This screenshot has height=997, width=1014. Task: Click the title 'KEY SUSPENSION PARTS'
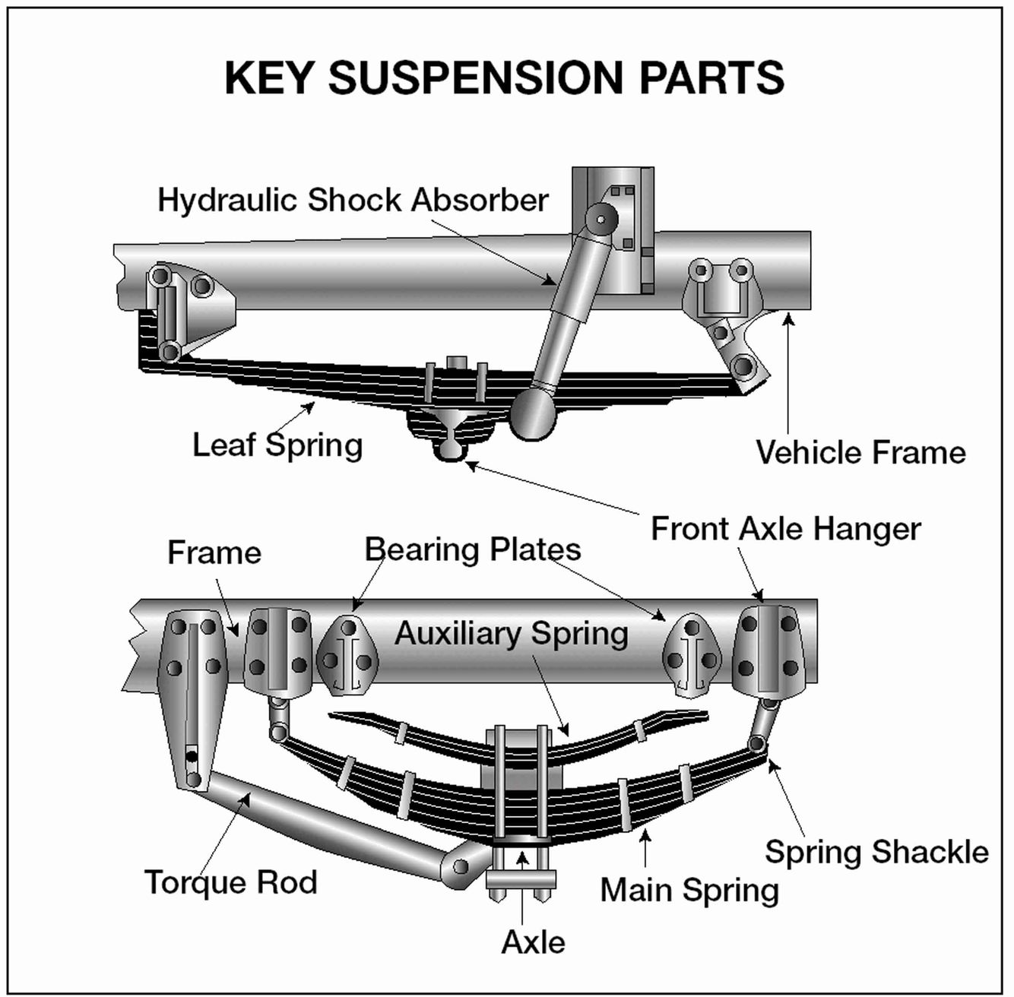505,77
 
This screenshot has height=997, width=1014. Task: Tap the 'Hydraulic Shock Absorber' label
353,200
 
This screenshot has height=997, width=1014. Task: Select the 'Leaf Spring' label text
277,445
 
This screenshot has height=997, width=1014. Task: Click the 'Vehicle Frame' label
860,453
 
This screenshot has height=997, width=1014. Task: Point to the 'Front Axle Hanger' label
786,528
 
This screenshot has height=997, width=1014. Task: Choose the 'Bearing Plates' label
473,549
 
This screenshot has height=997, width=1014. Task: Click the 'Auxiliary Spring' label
511,633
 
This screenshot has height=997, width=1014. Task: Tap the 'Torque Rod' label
230,882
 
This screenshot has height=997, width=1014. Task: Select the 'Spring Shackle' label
876,852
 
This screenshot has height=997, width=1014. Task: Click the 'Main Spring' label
689,890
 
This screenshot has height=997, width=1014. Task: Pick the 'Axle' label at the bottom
534,942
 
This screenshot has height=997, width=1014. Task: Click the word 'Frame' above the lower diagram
214,552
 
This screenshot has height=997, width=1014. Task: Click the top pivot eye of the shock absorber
600,220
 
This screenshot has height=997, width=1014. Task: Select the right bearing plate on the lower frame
691,654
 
